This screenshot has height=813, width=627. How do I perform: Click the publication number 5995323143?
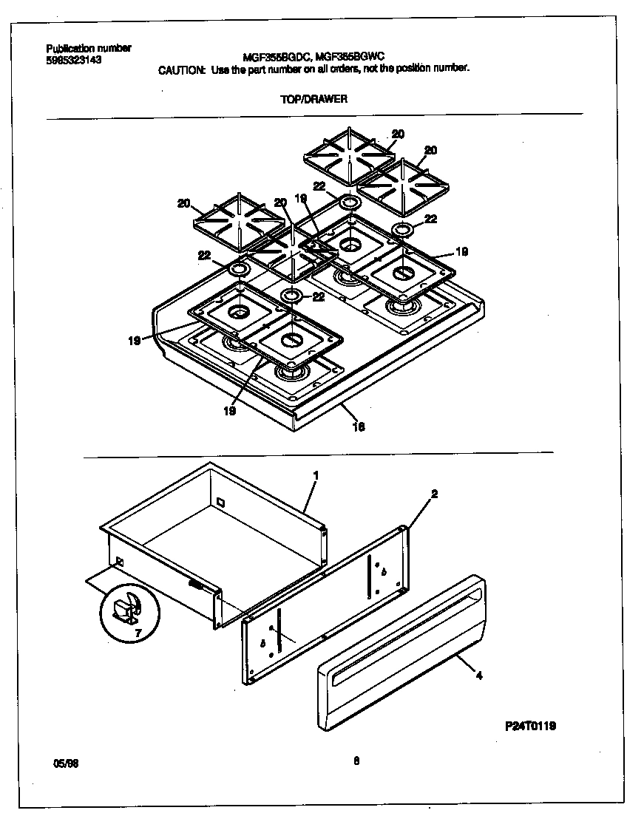click(73, 60)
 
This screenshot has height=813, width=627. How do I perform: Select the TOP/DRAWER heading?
click(313, 98)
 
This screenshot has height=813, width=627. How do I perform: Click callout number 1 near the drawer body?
click(315, 475)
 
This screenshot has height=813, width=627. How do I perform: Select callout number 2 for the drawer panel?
click(434, 494)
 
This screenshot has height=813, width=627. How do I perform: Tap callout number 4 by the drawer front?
click(479, 675)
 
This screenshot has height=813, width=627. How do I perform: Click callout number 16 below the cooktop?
click(359, 426)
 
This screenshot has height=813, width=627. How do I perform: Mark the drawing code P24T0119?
click(530, 726)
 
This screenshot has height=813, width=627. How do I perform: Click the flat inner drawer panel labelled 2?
click(325, 606)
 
